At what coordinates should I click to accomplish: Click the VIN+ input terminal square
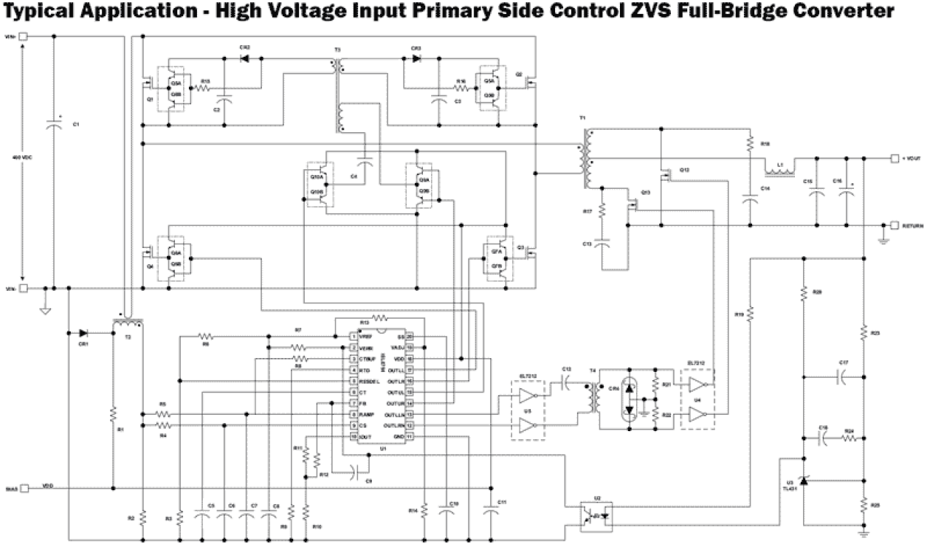click(24, 36)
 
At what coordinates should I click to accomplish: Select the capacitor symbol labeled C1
click(53, 125)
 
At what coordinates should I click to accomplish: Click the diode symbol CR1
click(82, 332)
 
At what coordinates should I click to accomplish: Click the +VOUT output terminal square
click(895, 159)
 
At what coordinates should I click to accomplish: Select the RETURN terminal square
click(895, 225)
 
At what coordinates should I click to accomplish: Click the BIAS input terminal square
click(24, 488)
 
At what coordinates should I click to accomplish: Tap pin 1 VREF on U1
click(354, 337)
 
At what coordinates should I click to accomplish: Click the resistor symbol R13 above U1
click(379, 318)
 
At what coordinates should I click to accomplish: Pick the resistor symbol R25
click(863, 505)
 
